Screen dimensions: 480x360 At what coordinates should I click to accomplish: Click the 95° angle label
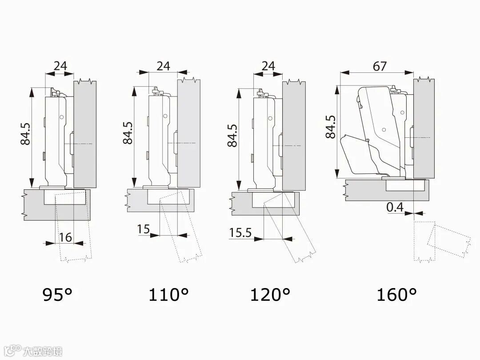tap(57, 295)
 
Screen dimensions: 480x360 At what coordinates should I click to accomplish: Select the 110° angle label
tap(168, 295)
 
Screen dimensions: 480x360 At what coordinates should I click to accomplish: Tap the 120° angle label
tap(270, 295)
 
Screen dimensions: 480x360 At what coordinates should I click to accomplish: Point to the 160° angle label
tap(396, 295)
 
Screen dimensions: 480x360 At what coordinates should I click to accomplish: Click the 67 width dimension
tap(380, 66)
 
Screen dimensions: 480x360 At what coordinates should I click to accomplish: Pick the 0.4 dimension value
tap(395, 207)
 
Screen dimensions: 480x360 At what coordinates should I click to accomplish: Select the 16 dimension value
tap(65, 237)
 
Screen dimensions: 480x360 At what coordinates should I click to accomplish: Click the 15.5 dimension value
tap(240, 232)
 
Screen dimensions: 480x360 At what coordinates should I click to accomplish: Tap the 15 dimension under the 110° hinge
tap(143, 229)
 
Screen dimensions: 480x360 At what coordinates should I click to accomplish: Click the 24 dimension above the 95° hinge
tap(60, 65)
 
